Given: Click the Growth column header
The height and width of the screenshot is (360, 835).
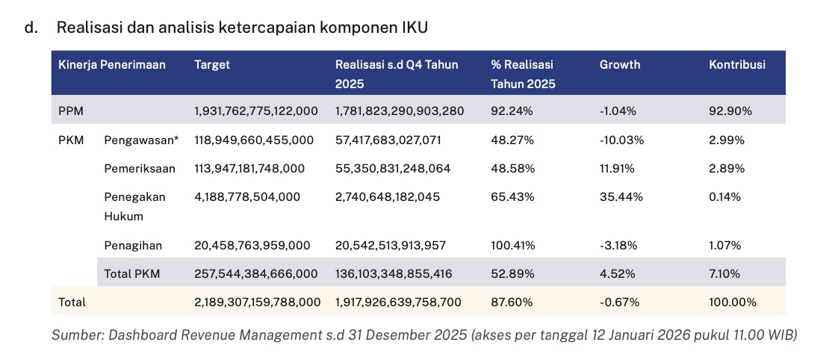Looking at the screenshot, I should pyautogui.click(x=619, y=64).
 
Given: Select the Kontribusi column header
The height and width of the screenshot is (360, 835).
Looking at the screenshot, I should pyautogui.click(x=736, y=64).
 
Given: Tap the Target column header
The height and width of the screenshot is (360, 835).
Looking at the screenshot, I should pyautogui.click(x=212, y=64).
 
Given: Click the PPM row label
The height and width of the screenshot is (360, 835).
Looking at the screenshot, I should pyautogui.click(x=70, y=111).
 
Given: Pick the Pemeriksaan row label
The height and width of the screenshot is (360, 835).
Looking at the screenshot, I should pyautogui.click(x=140, y=168).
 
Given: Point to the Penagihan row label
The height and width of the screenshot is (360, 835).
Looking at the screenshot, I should pyautogui.click(x=133, y=245).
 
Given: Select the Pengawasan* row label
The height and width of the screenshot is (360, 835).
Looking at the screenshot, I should pyautogui.click(x=141, y=140).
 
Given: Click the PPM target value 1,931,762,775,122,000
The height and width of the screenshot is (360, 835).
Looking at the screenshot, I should pyautogui.click(x=255, y=111).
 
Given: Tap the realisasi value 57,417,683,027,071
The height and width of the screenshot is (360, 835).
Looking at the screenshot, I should pyautogui.click(x=394, y=140).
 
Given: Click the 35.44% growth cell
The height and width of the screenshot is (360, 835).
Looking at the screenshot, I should pyautogui.click(x=617, y=196).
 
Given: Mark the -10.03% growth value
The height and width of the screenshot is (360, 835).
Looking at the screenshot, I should pyautogui.click(x=621, y=140).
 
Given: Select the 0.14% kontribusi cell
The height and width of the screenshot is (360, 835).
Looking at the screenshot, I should pyautogui.click(x=724, y=196).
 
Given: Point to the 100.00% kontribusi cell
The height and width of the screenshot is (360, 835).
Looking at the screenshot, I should pyautogui.click(x=732, y=302).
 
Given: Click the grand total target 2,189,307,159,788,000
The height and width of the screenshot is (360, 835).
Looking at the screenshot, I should pyautogui.click(x=257, y=302).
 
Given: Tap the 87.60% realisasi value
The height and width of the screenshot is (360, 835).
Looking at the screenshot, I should pyautogui.click(x=512, y=302).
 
